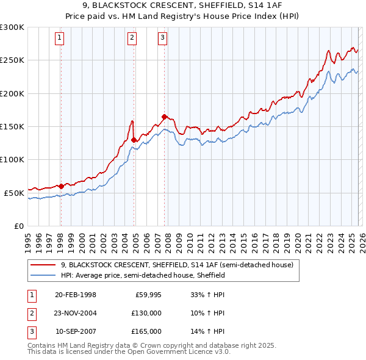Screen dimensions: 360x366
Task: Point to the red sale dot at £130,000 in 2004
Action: (134, 140)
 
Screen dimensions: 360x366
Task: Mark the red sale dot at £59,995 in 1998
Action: (61, 186)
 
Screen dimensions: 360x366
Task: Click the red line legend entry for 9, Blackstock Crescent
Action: (177, 265)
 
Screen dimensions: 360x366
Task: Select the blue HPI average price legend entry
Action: (143, 275)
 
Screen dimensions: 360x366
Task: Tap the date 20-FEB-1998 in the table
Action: (76, 295)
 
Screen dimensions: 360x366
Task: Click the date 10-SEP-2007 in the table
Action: (76, 331)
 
